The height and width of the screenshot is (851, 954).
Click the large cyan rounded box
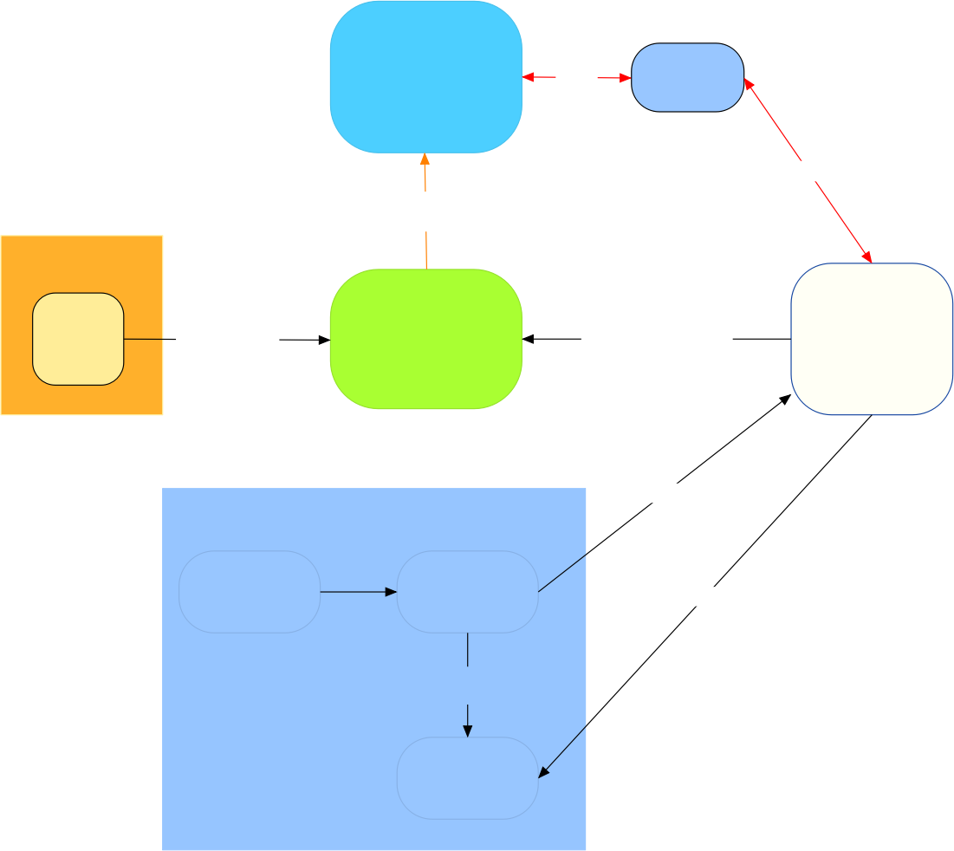[x=425, y=76]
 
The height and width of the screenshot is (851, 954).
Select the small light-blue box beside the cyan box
[x=687, y=77]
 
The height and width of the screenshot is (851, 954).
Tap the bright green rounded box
[x=425, y=338]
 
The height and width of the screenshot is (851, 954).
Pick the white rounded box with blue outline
[x=872, y=339]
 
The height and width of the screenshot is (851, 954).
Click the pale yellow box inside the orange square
[x=78, y=339]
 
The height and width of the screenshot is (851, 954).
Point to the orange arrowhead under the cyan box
[x=425, y=159]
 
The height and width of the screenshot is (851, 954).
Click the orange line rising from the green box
[x=426, y=251]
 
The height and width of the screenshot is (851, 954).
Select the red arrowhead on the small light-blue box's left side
[x=626, y=78]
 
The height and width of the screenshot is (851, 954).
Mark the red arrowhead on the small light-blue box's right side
[x=748, y=83]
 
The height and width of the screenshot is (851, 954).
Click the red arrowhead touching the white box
[x=866, y=256]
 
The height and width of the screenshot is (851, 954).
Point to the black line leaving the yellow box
[x=144, y=339]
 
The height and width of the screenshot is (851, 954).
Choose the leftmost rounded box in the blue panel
[x=250, y=592]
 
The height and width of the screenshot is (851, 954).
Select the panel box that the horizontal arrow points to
[x=468, y=592]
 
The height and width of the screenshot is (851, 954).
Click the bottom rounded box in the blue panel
[x=468, y=778]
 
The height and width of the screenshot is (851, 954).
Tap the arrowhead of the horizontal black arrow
[x=391, y=592]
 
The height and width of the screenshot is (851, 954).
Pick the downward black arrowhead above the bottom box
[x=468, y=731]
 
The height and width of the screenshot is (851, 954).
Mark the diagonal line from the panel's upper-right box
[x=563, y=573]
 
